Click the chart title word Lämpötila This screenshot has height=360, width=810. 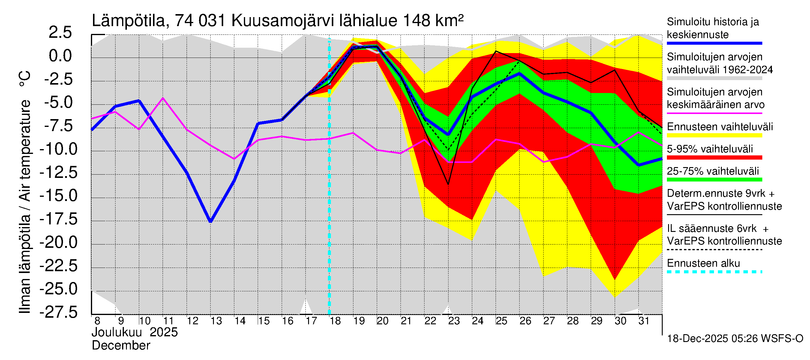[128, 21]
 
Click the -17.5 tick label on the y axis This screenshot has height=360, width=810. [58, 219]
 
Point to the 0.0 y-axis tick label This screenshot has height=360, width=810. [60, 56]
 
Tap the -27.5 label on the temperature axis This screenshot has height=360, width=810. [58, 312]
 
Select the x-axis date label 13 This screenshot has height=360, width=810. [216, 321]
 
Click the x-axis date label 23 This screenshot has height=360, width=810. [454, 321]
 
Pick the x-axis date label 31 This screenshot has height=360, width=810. [644, 321]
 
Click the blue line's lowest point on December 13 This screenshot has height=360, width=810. [211, 221]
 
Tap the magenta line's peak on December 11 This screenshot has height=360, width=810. [163, 98]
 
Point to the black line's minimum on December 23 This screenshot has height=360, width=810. [448, 184]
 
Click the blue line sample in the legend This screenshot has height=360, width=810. [714, 43]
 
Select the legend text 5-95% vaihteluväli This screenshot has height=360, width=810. [710, 149]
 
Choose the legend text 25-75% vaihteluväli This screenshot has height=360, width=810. [713, 171]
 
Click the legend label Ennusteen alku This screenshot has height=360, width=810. [703, 263]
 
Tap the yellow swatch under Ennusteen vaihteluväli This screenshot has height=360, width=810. [714, 136]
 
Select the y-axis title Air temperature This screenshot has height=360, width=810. [25, 151]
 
